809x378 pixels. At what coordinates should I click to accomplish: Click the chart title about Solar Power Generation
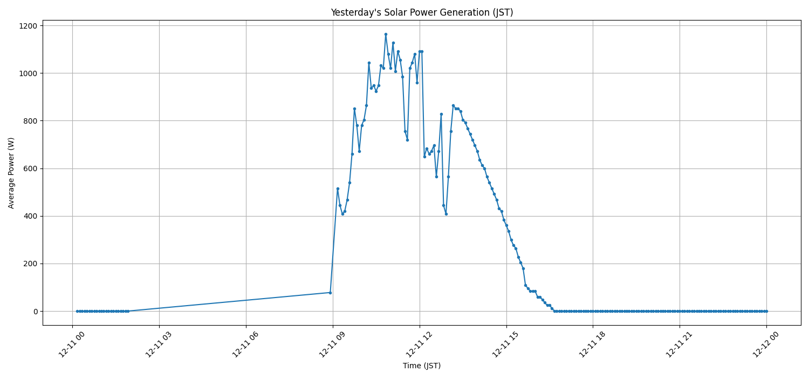[422, 12]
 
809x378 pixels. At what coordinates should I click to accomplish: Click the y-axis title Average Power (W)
[11, 173]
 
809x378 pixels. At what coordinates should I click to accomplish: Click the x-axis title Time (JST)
[422, 366]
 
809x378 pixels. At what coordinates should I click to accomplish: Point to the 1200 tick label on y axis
[28, 26]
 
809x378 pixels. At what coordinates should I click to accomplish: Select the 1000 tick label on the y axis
[28, 73]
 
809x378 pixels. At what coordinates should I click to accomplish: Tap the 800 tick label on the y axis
[30, 121]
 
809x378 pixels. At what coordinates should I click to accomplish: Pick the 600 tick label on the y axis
[30, 168]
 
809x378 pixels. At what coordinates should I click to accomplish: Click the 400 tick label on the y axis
[30, 216]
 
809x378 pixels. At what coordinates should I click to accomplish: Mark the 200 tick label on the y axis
[30, 264]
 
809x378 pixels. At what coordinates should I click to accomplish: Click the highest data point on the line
[386, 34]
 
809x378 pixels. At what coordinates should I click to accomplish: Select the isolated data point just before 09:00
[330, 293]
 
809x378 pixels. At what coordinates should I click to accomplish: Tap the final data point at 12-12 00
[766, 311]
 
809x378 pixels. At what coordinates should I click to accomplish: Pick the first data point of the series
[77, 311]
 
